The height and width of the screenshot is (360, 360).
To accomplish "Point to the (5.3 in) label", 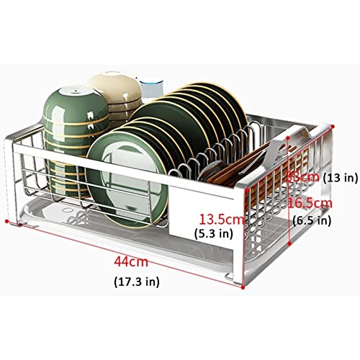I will coord(214,233).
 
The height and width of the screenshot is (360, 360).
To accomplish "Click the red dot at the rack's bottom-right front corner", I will coord(243,287).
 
